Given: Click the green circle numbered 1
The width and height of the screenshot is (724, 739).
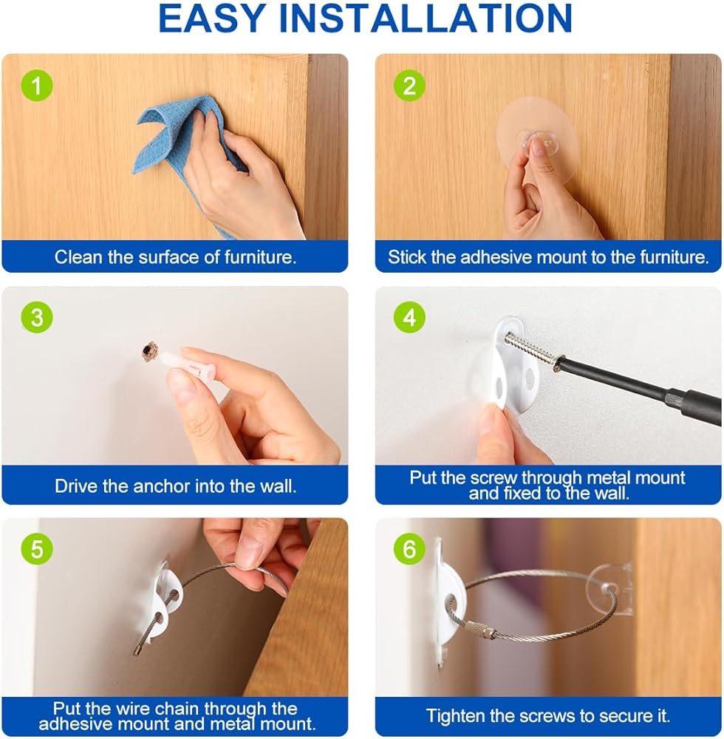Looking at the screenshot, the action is (x=37, y=85).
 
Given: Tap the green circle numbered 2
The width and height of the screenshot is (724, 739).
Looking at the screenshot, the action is (x=409, y=85).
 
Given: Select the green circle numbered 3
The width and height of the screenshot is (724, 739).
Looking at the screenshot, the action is (x=37, y=317).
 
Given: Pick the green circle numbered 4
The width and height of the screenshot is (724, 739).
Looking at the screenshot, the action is (x=409, y=317).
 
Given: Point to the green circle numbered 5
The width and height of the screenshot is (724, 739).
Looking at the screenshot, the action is (x=37, y=549).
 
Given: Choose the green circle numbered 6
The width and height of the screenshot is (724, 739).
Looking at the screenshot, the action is (x=409, y=549).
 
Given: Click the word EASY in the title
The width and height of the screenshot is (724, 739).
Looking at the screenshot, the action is (x=212, y=18).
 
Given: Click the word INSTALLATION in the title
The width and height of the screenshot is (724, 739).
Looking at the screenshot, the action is (x=426, y=18).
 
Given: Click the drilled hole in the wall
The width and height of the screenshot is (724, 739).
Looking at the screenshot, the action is (x=149, y=352).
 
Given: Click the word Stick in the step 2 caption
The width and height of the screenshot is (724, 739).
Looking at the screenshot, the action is (x=407, y=257).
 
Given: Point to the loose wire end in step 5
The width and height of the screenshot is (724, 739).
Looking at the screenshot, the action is (x=137, y=651).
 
